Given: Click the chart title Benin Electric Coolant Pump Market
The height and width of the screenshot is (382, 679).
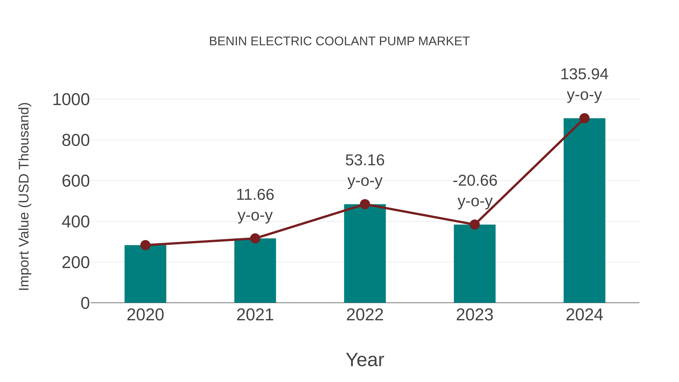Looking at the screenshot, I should (339, 41).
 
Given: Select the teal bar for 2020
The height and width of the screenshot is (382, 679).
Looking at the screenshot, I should (145, 274).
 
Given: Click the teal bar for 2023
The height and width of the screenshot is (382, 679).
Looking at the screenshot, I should (475, 264).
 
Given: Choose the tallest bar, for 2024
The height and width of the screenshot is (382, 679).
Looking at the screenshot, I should (584, 211).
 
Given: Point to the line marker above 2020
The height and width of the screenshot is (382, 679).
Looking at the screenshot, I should (145, 245).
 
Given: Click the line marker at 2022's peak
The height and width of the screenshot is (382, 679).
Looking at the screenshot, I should (365, 204).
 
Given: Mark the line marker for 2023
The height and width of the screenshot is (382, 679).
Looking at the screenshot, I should (475, 225).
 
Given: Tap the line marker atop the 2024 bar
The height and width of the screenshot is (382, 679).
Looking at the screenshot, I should (584, 118).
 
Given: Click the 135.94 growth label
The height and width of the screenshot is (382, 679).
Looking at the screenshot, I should (584, 74).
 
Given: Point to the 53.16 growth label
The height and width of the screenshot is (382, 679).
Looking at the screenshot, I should (365, 160).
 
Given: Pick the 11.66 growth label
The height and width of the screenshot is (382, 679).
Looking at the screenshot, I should (255, 195).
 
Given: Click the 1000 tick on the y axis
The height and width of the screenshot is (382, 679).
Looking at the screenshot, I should (71, 100).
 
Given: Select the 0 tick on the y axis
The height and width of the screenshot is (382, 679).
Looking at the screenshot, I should (85, 303).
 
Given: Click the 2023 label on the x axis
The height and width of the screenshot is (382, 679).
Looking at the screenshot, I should (475, 315).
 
